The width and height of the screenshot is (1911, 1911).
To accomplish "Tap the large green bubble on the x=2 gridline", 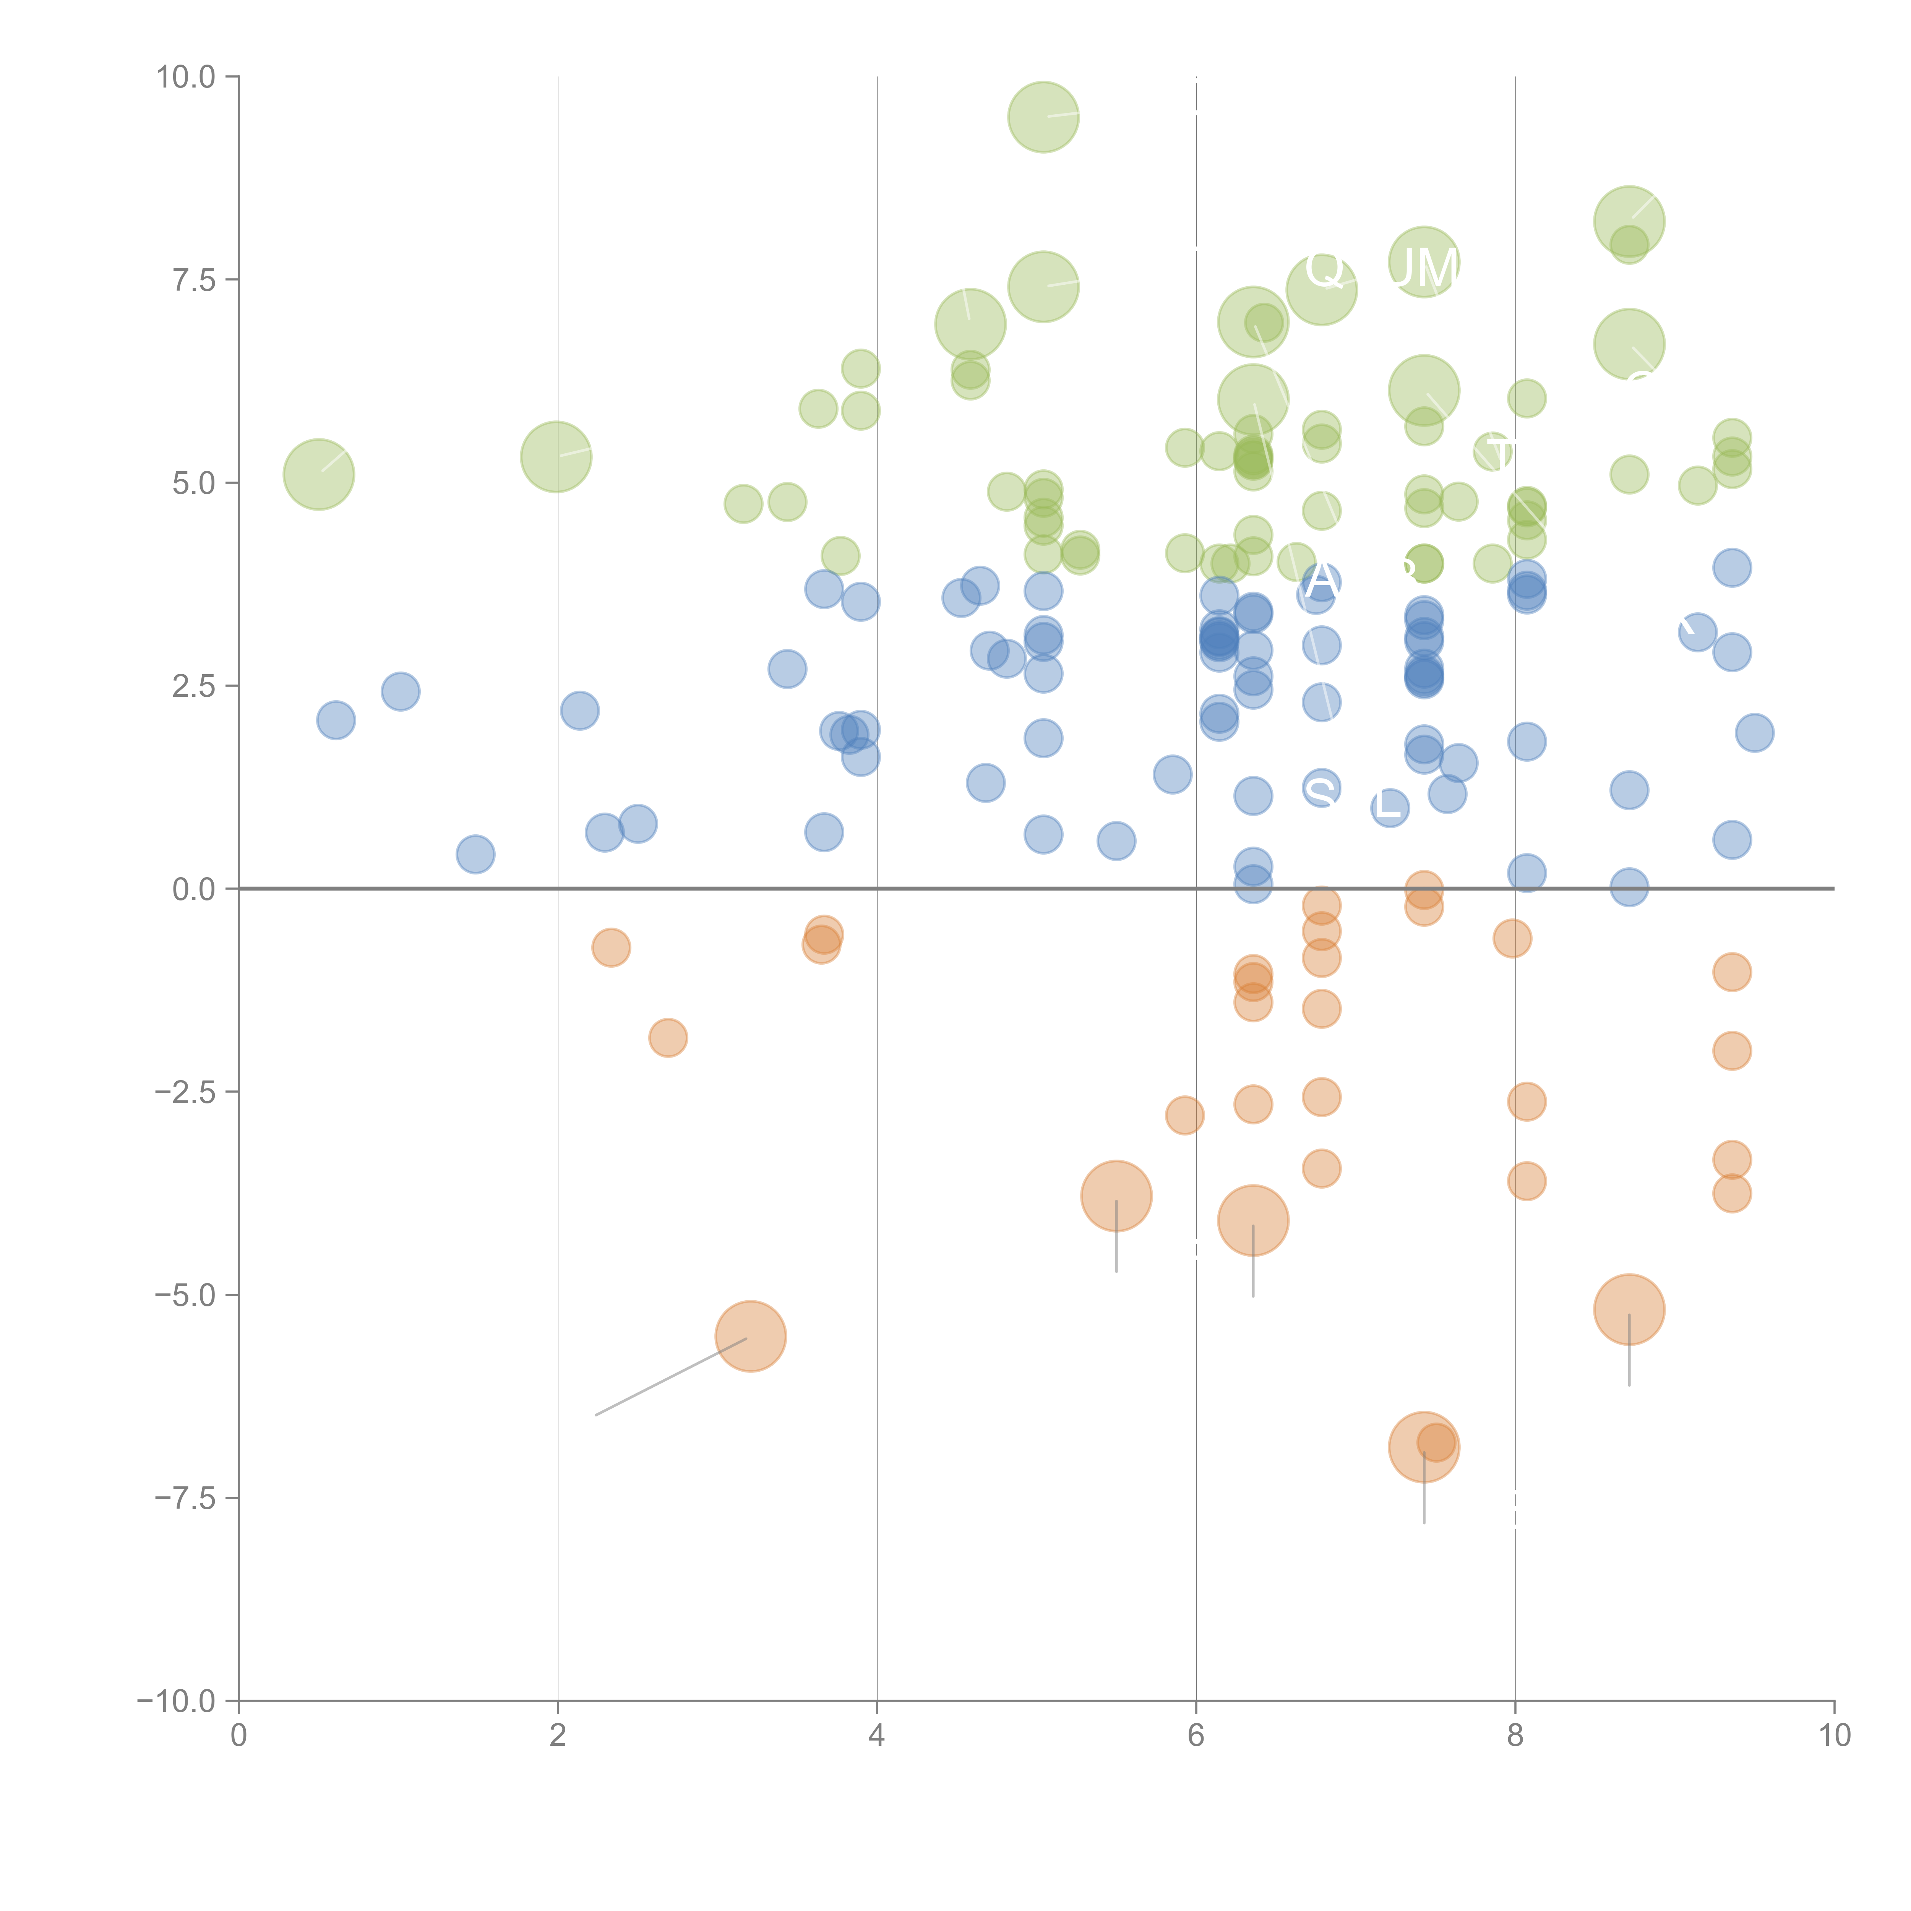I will coord(556,456).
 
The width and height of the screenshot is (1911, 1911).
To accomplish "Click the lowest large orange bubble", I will coord(1423,1447).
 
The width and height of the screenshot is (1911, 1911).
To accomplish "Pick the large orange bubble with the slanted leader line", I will coord(751,1336).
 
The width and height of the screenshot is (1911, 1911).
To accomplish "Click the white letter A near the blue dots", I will coord(1322,582).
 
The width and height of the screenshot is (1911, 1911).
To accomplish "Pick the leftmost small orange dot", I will coord(611,947).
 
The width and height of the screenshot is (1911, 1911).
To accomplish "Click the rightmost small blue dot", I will coord(1754,733).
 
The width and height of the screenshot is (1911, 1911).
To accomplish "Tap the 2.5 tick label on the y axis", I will coord(194,685).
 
